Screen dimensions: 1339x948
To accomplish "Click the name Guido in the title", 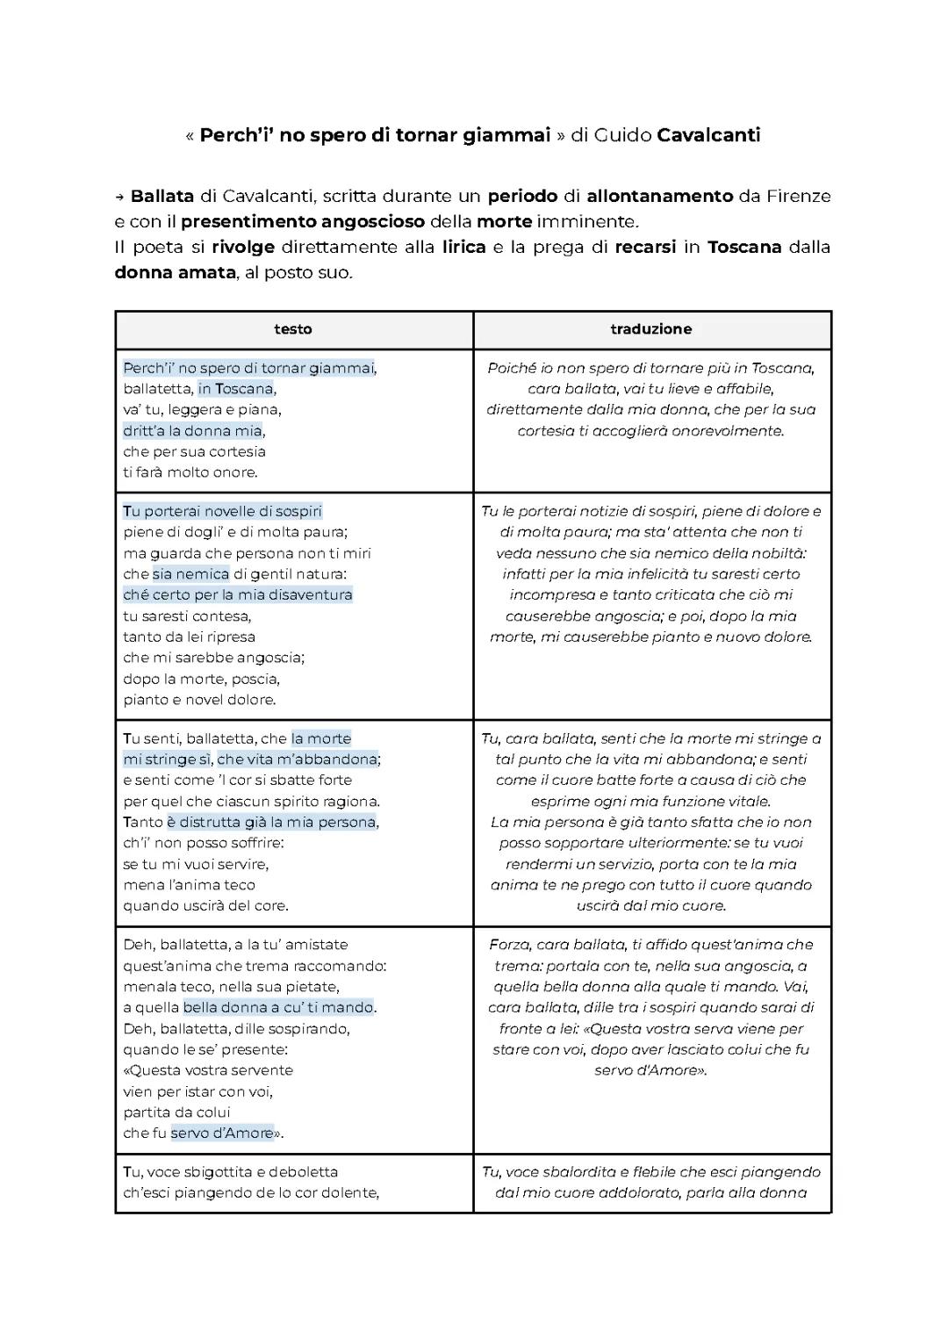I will pyautogui.click(x=622, y=135).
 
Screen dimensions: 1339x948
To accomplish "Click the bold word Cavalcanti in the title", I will pyautogui.click(x=708, y=135).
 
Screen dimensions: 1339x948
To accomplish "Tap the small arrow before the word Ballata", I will pyautogui.click(x=119, y=197).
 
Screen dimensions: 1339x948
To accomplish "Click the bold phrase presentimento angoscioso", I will pyautogui.click(x=303, y=221).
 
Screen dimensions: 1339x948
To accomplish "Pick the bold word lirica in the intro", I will pyautogui.click(x=464, y=247).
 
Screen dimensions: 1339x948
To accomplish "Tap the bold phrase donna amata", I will pyautogui.click(x=175, y=272).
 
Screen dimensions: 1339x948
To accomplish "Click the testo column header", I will pyautogui.click(x=293, y=329).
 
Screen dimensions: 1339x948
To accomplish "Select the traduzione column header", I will pyautogui.click(x=651, y=329).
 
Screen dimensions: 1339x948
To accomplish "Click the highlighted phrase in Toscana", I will pyautogui.click(x=236, y=389).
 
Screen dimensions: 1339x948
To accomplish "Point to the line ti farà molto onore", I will pyautogui.click(x=190, y=472).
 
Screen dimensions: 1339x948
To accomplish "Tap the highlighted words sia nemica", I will pyautogui.click(x=190, y=574).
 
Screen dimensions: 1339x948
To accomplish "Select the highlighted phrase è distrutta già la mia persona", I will pyautogui.click(x=272, y=823).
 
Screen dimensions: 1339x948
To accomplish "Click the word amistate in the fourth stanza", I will pyautogui.click(x=313, y=945).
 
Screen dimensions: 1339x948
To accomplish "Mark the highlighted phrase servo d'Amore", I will pyautogui.click(x=222, y=1134).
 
